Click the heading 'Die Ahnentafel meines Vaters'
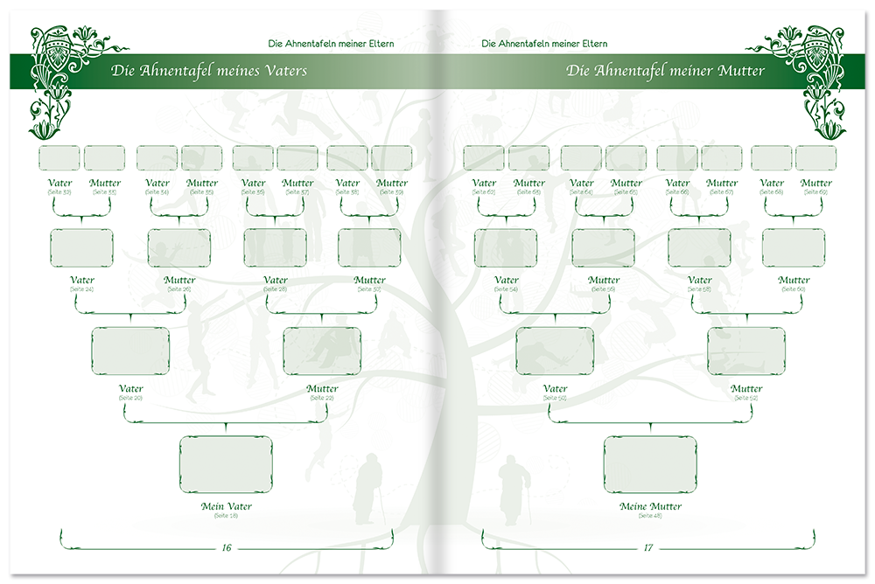pos(209,71)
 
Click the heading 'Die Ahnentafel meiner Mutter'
pos(665,71)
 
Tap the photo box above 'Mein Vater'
pos(226,464)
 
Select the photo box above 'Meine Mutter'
pos(650,464)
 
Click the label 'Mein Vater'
pos(226,506)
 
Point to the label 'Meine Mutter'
pos(650,506)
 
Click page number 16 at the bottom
pos(226,548)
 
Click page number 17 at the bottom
pos(648,548)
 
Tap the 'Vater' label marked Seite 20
pos(131,389)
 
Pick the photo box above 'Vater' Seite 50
pos(555,351)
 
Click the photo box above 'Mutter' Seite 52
pos(745,351)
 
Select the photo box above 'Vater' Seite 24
pos(81,248)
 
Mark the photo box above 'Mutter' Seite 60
pos(794,248)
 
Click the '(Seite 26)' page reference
pos(179,289)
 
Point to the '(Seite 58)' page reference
pos(699,289)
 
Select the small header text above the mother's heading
pos(544,44)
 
